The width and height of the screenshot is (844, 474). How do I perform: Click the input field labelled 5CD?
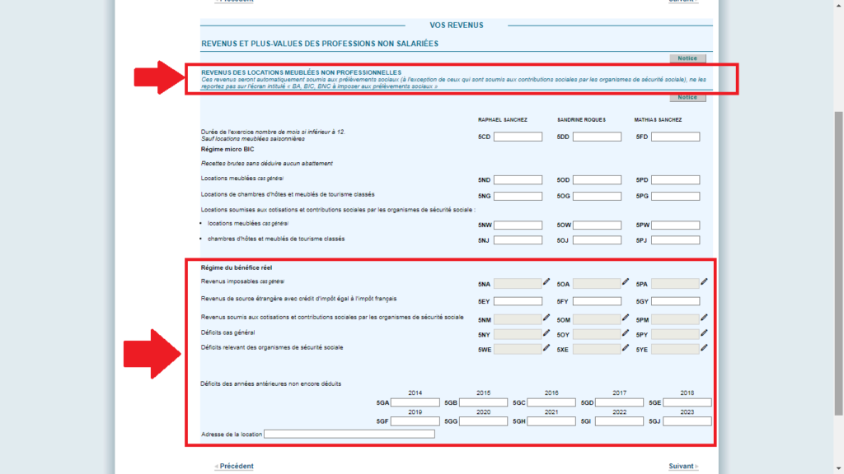coord(518,137)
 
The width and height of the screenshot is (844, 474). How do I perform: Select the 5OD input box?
coord(597,179)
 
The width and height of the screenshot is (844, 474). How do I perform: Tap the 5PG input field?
coord(675,196)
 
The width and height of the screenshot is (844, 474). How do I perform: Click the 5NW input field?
coord(518,225)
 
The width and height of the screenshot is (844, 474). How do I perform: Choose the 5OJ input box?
coord(597,240)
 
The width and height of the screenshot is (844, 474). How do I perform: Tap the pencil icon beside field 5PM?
coord(704,318)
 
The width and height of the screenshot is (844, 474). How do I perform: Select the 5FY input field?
coord(597,301)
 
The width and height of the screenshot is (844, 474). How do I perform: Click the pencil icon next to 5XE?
coord(626,347)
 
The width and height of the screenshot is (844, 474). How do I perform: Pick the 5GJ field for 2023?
coord(687,421)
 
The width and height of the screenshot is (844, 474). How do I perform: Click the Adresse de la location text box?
coord(349,434)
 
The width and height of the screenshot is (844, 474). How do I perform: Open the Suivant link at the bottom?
coord(682,467)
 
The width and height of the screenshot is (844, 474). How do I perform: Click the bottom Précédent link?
coord(236,467)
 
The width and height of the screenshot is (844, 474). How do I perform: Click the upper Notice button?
coord(687,58)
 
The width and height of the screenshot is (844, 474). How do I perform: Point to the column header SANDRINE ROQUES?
coord(581,120)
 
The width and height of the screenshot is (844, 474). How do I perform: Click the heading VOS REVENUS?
coord(457,26)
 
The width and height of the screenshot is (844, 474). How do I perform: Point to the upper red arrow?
coord(157,77)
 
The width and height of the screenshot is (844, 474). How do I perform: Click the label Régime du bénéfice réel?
coord(237,268)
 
